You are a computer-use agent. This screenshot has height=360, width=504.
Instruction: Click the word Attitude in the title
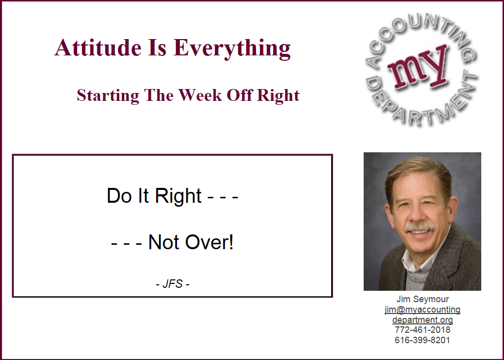coord(98,47)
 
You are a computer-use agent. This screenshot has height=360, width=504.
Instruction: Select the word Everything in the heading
coord(232,48)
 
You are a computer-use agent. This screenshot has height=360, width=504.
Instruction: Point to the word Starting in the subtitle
coord(108,96)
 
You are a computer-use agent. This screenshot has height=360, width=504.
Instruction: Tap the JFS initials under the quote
coord(172,284)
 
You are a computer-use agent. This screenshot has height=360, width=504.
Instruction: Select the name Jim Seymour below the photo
coord(422,299)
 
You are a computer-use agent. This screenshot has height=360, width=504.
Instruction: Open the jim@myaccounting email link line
coord(422,310)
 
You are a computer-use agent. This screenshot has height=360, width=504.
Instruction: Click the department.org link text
coord(422,320)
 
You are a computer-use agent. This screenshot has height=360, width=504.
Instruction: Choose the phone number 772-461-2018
coord(422,330)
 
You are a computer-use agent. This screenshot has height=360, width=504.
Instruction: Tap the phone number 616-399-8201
coord(422,340)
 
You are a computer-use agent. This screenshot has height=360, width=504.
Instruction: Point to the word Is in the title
coord(157,47)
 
